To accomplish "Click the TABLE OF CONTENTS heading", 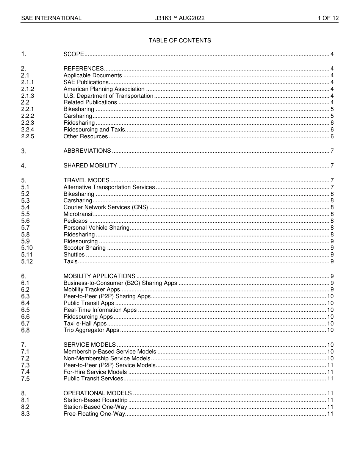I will tap(180, 41).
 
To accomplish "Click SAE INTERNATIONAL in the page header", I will tap(51, 18).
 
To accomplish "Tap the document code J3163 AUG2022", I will tap(180, 18).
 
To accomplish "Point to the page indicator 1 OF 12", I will tap(328, 18).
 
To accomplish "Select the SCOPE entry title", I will tap(74, 54).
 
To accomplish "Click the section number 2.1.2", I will tap(27, 89).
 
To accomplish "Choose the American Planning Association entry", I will tap(104, 89).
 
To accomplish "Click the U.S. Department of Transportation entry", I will tap(108, 96).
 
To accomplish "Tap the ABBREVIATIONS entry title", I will tap(87, 151).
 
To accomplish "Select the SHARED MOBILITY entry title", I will tap(90, 166).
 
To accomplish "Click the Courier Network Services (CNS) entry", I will tap(106, 207).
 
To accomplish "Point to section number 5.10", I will tap(27, 248).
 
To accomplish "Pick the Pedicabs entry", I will tap(75, 221).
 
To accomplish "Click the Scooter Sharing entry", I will tap(85, 248).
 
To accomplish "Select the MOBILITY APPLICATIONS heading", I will tap(99, 276).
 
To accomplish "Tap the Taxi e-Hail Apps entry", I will tap(85, 324).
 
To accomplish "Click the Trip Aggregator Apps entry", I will tap(91, 330).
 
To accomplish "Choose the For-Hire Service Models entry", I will tap(95, 372).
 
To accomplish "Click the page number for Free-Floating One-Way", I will tap(330, 414).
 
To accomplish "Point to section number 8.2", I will tap(25, 407).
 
